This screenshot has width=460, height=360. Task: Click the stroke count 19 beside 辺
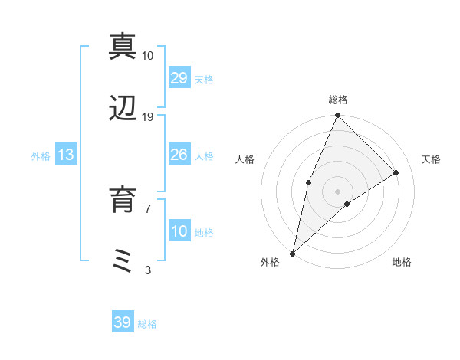click(148, 117)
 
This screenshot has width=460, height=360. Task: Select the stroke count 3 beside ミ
click(148, 270)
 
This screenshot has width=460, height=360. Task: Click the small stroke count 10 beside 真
click(148, 55)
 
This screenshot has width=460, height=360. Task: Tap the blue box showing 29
click(179, 78)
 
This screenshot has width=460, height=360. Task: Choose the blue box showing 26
click(179, 155)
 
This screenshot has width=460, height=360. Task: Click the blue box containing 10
click(179, 231)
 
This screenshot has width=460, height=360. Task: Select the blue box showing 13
click(66, 155)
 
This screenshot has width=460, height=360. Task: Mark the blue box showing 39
click(122, 322)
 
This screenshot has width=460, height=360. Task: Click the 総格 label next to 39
click(147, 324)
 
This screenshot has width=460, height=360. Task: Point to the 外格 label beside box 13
click(41, 156)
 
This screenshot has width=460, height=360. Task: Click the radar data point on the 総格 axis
click(337, 116)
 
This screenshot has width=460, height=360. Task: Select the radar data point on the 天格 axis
click(396, 173)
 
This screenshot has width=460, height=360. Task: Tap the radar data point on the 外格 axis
click(293, 253)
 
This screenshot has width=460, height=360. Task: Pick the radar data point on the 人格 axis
click(308, 182)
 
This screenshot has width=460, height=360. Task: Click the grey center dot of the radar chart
click(337, 191)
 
